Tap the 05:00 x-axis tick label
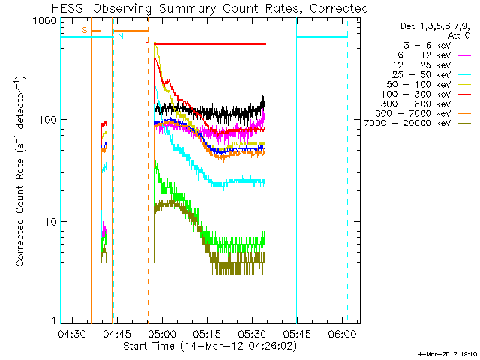(162, 334)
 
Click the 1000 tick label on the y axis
(44, 22)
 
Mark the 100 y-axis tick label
(47, 120)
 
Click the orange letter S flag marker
(85, 30)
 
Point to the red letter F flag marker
(147, 43)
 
